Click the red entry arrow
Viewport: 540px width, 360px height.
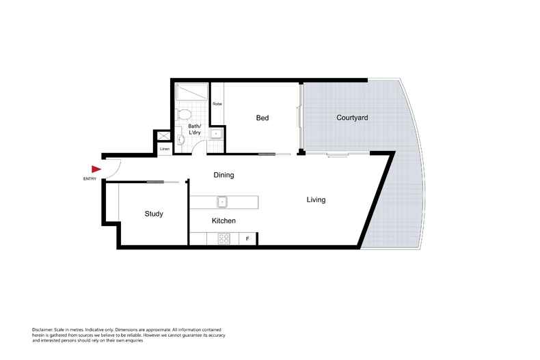coord(96,169)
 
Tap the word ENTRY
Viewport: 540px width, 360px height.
coord(89,179)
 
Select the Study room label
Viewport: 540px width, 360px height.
coord(154,214)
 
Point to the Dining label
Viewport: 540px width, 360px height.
coord(224,175)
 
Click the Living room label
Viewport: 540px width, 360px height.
coord(316,200)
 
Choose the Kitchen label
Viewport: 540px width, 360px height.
coord(224,221)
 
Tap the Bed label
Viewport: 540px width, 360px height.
coord(262,118)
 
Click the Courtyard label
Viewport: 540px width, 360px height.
coord(353,117)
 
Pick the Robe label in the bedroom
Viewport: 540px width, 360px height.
coord(217,104)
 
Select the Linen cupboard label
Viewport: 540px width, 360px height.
coord(165,149)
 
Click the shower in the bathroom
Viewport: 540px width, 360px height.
coord(193,92)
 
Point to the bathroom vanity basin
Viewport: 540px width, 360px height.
coord(181,139)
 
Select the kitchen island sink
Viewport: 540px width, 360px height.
coord(222,202)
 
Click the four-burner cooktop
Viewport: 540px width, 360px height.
coord(223,238)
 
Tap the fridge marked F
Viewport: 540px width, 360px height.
coord(248,238)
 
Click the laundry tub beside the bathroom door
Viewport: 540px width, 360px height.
coord(216,133)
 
